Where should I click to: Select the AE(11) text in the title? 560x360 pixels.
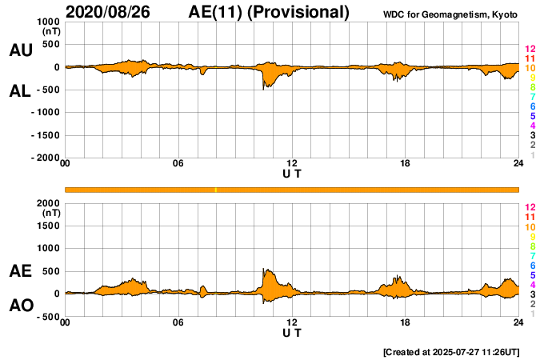click(x=218, y=12)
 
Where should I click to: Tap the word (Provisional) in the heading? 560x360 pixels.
click(x=300, y=12)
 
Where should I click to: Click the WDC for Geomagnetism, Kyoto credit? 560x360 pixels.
click(x=450, y=14)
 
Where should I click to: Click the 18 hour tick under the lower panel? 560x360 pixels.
click(x=405, y=322)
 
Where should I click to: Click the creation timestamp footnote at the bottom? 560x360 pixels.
click(x=451, y=351)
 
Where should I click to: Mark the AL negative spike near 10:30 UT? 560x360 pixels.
click(x=263, y=88)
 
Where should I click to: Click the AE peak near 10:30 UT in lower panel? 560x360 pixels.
click(x=264, y=270)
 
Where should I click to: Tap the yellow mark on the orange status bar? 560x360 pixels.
click(x=216, y=190)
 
